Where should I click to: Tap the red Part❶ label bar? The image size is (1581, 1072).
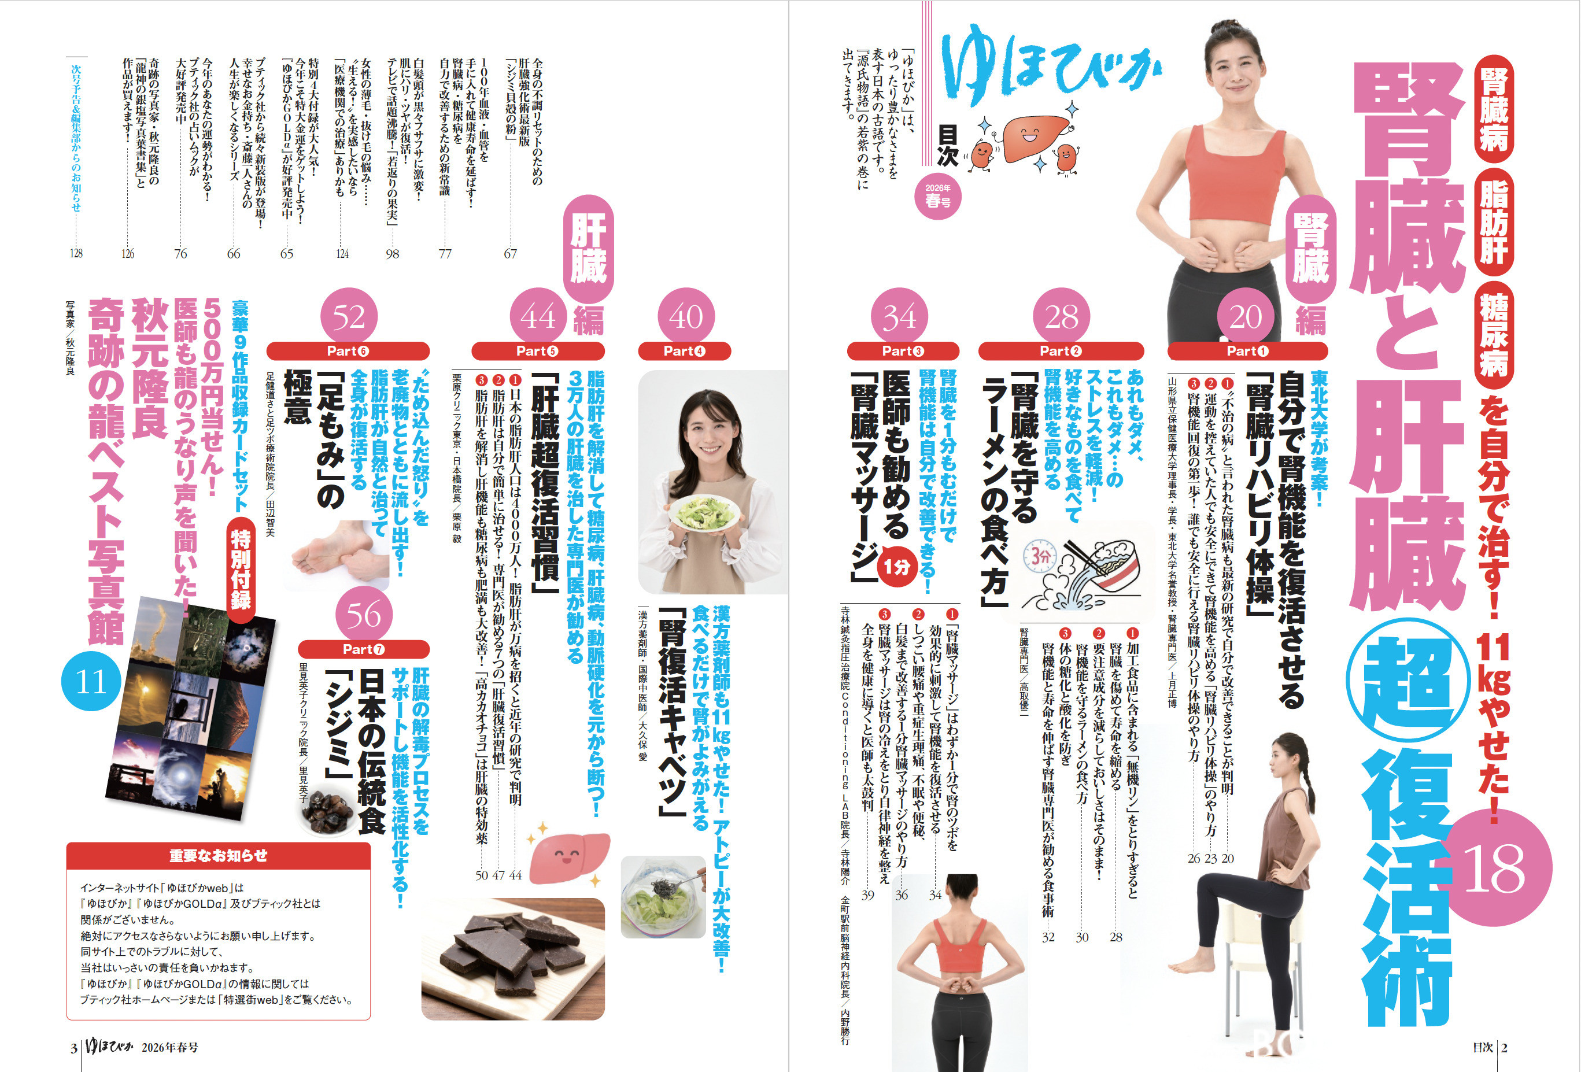1247,351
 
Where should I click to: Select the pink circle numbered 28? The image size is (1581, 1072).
1061,316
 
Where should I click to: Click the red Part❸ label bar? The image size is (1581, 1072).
903,351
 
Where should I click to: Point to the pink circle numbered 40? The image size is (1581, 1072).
686,316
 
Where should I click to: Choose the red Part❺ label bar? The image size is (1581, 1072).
537,351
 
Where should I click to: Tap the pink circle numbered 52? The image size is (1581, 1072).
348,316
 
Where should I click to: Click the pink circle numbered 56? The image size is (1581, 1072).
364,614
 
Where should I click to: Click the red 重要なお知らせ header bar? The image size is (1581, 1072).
219,856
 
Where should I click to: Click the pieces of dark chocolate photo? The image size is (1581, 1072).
513,959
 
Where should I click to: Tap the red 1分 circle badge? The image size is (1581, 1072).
897,566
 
